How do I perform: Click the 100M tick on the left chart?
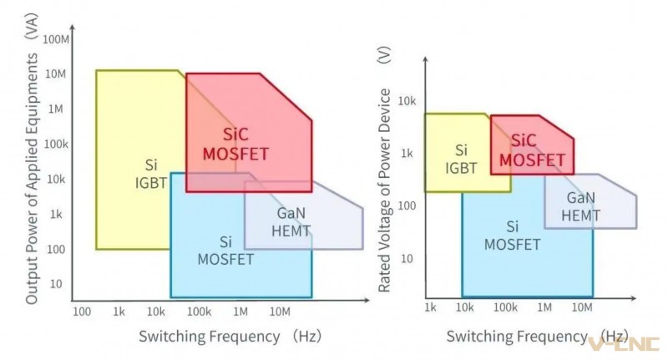(x=56, y=39)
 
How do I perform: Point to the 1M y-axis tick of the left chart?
(x=55, y=109)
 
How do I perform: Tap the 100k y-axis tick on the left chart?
(x=56, y=145)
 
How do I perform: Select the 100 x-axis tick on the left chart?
(x=82, y=312)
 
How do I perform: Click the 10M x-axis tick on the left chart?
(x=280, y=312)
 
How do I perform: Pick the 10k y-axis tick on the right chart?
(x=407, y=101)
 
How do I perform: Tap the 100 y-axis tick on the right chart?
(x=407, y=205)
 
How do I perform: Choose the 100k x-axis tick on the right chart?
(x=505, y=307)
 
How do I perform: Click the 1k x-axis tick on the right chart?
(x=430, y=307)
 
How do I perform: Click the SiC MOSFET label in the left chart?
(x=235, y=145)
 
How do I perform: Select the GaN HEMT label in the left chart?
(x=291, y=222)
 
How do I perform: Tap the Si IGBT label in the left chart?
(x=151, y=174)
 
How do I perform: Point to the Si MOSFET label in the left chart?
(x=225, y=251)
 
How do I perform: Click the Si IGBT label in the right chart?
(x=461, y=159)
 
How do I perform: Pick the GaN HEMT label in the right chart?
(x=580, y=206)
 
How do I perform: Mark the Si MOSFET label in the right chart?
(x=512, y=236)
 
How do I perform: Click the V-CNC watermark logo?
(x=624, y=344)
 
